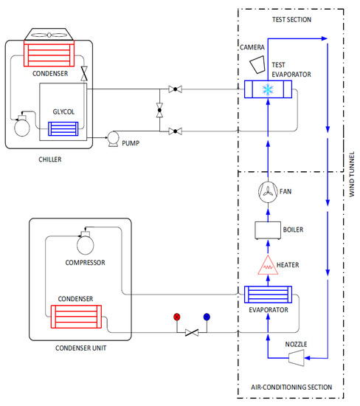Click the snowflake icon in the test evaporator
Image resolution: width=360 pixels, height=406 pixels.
click(268, 89)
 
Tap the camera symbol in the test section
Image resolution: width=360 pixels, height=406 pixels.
click(257, 63)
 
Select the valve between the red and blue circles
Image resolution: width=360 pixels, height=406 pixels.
click(192, 333)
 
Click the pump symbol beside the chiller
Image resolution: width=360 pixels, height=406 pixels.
click(115, 137)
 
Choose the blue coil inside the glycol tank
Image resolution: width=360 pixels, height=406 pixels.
click(63, 128)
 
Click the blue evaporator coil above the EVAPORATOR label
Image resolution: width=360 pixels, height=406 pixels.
click(268, 296)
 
